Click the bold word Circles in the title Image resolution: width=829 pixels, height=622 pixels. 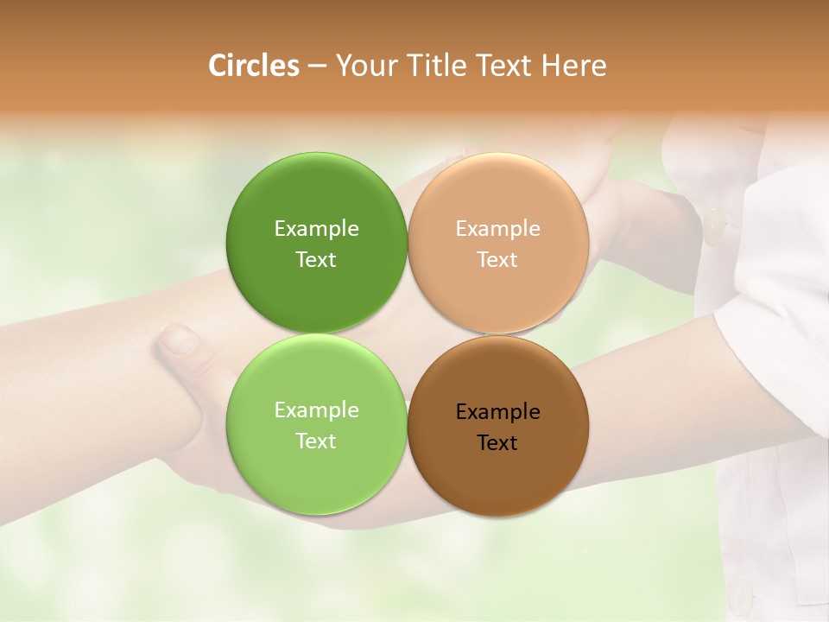point(254,66)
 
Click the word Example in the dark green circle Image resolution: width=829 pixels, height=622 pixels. point(317,229)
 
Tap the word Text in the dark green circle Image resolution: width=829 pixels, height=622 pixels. point(317,260)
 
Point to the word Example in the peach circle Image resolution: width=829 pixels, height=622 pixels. point(498,229)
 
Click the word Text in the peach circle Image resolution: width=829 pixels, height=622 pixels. point(498,260)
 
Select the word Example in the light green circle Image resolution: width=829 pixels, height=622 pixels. point(317,410)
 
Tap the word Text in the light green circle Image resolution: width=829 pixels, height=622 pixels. point(317,441)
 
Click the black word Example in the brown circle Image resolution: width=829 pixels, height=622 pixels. point(498,412)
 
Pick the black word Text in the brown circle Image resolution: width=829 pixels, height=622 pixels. point(498,443)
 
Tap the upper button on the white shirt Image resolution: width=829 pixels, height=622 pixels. point(715,226)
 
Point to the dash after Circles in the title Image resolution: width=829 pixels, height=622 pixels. point(317,66)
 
